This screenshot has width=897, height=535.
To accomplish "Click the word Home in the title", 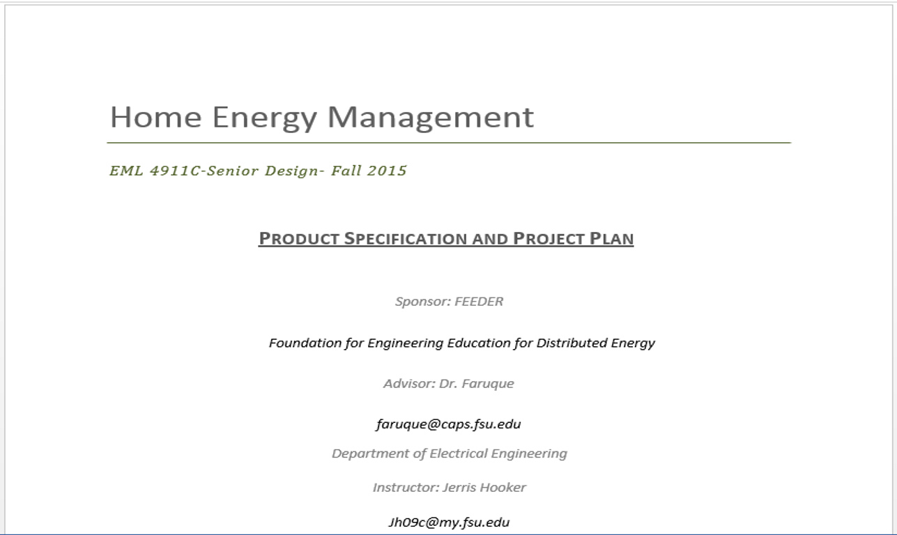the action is (x=156, y=117).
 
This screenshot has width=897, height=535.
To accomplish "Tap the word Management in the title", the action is (x=431, y=118).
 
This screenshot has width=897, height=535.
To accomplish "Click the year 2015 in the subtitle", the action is (x=386, y=171).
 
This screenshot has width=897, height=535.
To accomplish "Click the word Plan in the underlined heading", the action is (x=611, y=238).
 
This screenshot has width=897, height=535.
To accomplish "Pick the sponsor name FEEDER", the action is (x=479, y=302).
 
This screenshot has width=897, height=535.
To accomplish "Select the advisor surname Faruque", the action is (x=488, y=384).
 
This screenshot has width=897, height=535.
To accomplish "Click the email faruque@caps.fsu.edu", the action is (x=449, y=424).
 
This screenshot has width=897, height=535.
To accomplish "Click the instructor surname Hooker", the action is (x=503, y=488).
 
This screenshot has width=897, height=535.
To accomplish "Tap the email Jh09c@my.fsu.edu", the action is (x=449, y=522).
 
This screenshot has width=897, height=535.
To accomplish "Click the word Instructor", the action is (x=406, y=488).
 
